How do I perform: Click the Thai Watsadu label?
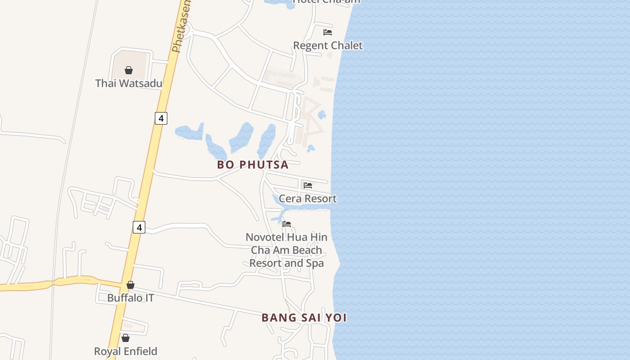[x=129, y=83]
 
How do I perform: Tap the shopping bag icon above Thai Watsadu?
[x=129, y=70]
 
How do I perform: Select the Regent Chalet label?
[x=328, y=45]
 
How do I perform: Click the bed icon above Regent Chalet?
[x=328, y=32]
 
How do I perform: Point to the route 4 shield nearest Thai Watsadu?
[x=161, y=118]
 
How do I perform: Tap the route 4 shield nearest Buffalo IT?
[x=139, y=228]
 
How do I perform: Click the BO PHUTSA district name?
[x=253, y=165]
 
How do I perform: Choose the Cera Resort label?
[x=308, y=198]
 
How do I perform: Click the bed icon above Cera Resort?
[x=308, y=185]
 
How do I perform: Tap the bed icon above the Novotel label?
[x=287, y=224]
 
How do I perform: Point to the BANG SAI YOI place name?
[x=304, y=318]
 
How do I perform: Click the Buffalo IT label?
[x=130, y=298]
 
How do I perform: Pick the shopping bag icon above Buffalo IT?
[x=130, y=285]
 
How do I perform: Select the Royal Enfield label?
[x=126, y=351]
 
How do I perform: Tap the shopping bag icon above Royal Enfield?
[x=126, y=338]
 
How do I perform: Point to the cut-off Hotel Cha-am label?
[x=327, y=1]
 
